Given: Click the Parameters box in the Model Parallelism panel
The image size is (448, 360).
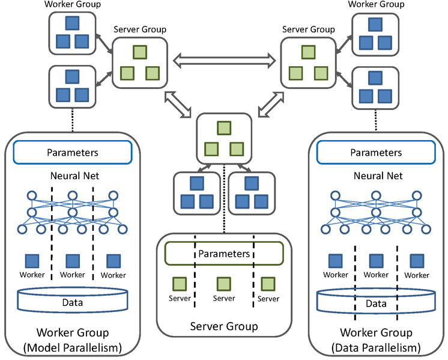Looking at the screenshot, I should (72, 153).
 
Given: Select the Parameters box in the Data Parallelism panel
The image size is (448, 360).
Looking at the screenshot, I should (376, 153).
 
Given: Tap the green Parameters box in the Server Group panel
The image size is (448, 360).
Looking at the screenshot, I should (224, 254).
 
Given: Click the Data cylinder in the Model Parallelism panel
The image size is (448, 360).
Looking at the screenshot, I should (73, 301).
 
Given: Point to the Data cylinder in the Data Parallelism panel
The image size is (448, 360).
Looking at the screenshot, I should (376, 302).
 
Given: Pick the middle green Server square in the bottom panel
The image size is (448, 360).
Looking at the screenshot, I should (224, 283).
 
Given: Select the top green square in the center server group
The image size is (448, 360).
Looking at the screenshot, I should (224, 128).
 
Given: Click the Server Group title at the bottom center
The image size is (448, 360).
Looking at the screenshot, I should (224, 326).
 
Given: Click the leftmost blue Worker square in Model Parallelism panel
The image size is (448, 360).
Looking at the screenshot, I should (32, 261).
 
